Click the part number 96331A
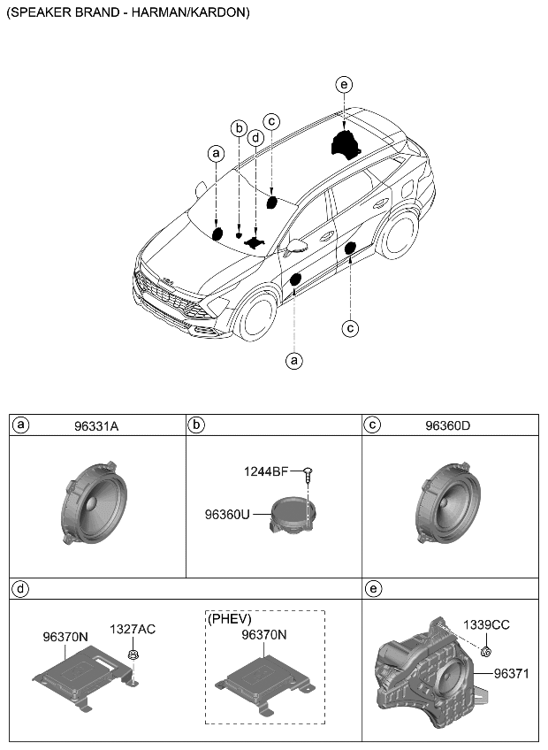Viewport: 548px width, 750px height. click(x=97, y=425)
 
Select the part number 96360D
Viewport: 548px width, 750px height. click(x=447, y=425)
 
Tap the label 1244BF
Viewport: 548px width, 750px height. click(x=266, y=471)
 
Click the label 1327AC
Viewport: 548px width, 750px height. click(x=133, y=629)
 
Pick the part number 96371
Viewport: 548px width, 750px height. click(x=511, y=673)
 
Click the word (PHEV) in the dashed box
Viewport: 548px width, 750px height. click(x=230, y=618)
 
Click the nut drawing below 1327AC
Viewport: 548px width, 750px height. click(x=133, y=655)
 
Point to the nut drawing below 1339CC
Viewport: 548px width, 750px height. click(x=487, y=651)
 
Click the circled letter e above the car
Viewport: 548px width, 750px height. click(x=344, y=85)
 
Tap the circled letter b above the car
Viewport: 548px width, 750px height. click(x=238, y=128)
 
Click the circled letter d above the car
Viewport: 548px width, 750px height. click(x=255, y=138)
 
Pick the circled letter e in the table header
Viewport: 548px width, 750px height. click(x=372, y=587)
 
